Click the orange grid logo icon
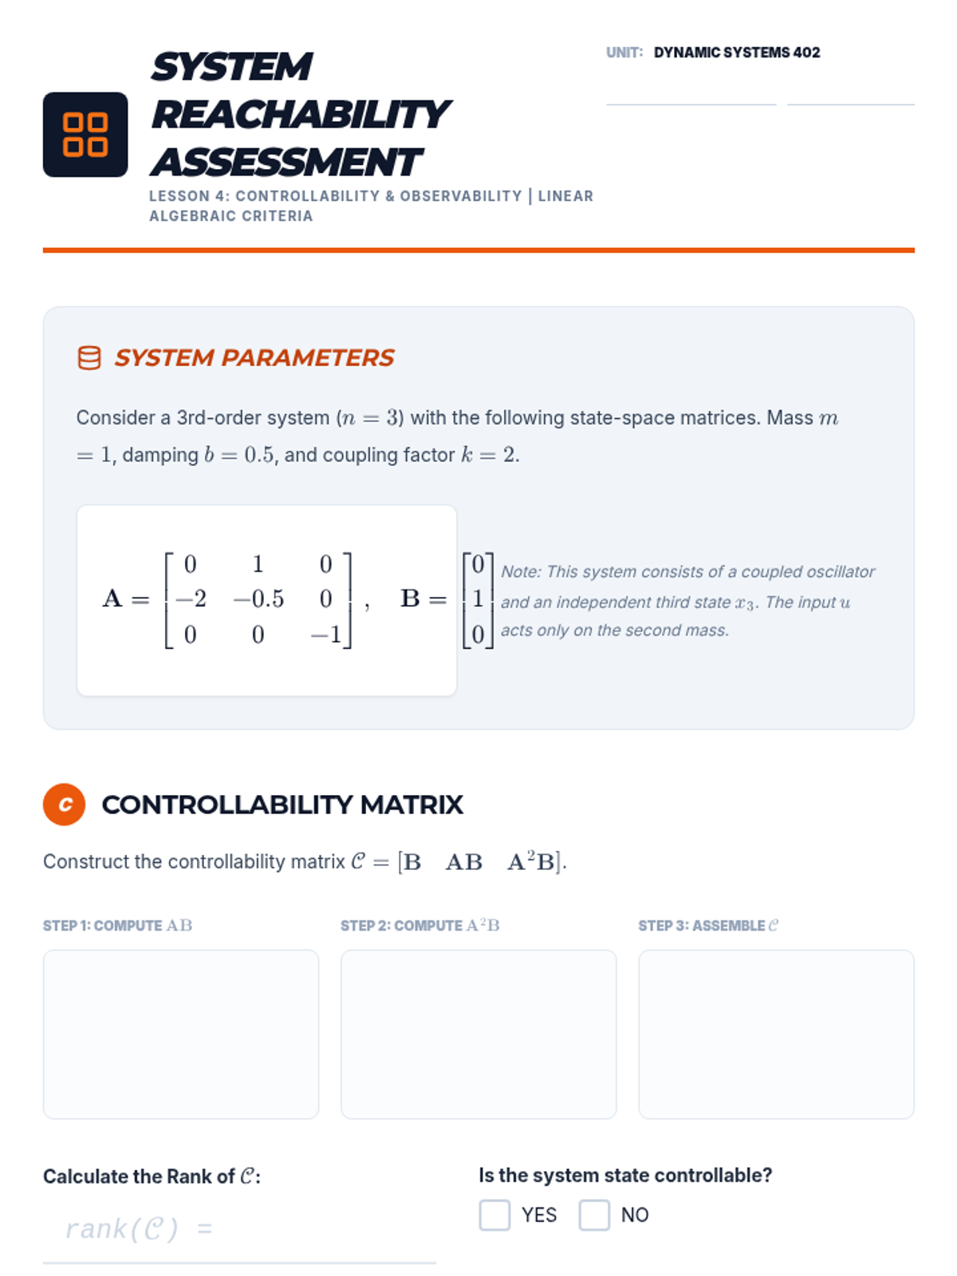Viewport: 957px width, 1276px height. (85, 134)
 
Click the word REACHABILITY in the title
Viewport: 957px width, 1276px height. (301, 114)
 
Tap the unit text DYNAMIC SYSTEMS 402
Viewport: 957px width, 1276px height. (736, 53)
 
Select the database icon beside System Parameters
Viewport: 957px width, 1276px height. (89, 357)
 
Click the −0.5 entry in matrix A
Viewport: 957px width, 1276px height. (258, 599)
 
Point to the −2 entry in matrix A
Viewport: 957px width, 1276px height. (191, 599)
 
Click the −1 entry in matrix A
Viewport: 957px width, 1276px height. (326, 634)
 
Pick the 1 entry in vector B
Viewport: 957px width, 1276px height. (478, 599)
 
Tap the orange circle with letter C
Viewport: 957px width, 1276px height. (64, 804)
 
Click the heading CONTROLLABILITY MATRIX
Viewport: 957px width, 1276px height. (282, 805)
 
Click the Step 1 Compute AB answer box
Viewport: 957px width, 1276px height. (181, 1034)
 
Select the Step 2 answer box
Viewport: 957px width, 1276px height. (478, 1034)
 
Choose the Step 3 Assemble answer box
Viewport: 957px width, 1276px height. (776, 1034)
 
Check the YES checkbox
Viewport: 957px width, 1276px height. (494, 1215)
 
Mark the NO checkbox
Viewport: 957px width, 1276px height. (594, 1215)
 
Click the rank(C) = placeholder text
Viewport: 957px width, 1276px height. (140, 1228)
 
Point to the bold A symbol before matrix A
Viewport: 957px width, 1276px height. (112, 598)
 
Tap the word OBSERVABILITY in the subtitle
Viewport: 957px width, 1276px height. (461, 196)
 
